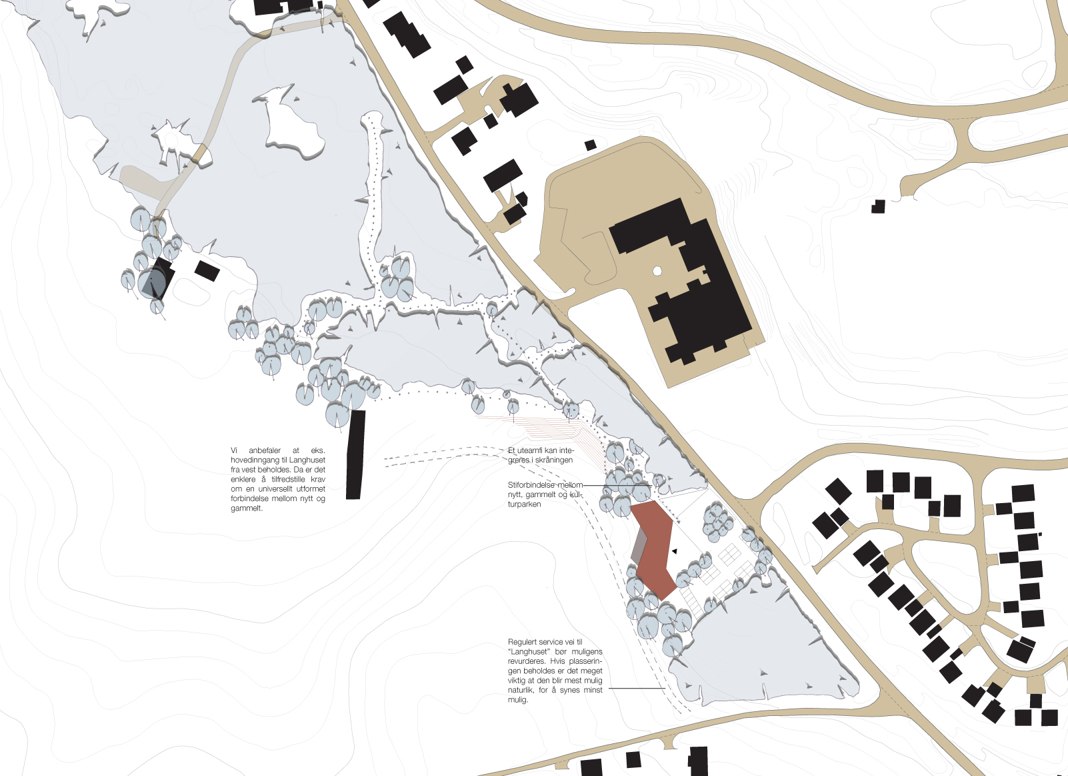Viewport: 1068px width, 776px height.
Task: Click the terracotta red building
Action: [654, 549]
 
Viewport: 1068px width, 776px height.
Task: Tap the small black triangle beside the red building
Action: [675, 551]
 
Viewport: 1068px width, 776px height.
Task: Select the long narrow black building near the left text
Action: [355, 455]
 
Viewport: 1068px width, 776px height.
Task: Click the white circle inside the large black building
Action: [657, 271]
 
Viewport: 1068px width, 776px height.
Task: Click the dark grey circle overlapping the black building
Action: [151, 282]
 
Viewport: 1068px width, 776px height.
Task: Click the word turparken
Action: [525, 504]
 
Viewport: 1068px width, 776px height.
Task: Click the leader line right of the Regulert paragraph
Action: [637, 688]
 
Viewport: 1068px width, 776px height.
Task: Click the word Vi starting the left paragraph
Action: [234, 450]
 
